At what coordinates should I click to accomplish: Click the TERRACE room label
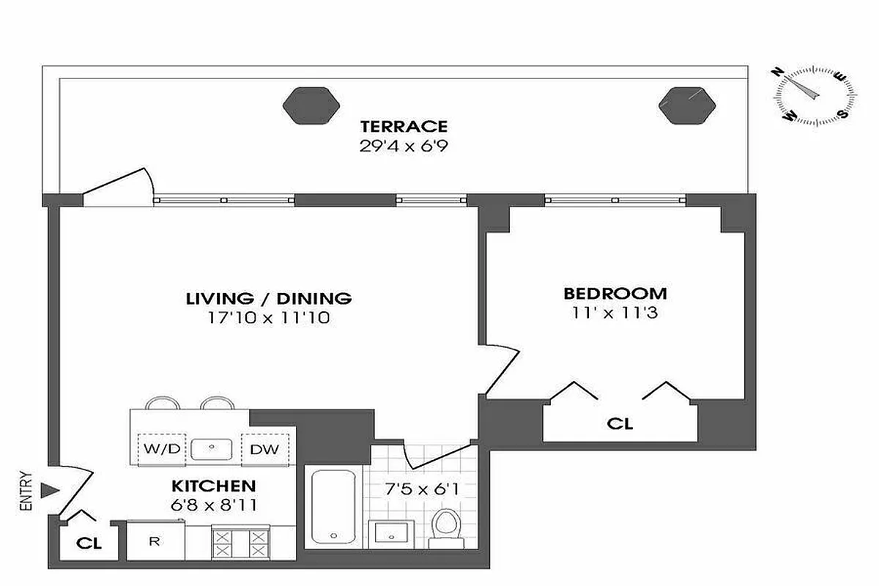click(x=403, y=126)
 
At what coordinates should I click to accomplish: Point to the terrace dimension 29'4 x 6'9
click(x=403, y=145)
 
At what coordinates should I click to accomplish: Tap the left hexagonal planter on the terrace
click(x=312, y=105)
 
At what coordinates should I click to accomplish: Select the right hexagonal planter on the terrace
click(x=686, y=105)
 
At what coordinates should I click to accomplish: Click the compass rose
click(x=815, y=94)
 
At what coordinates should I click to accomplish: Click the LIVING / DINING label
click(x=269, y=298)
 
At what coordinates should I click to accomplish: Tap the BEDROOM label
click(x=615, y=294)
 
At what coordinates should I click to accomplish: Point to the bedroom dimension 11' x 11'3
click(x=615, y=313)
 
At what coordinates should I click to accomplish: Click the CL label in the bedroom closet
click(x=620, y=423)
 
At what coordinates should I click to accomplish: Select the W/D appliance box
click(x=163, y=448)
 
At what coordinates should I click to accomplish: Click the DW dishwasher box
click(x=264, y=448)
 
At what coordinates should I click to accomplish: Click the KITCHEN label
click(x=213, y=486)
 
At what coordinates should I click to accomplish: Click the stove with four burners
click(x=241, y=542)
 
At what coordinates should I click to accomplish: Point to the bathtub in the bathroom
click(x=334, y=505)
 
